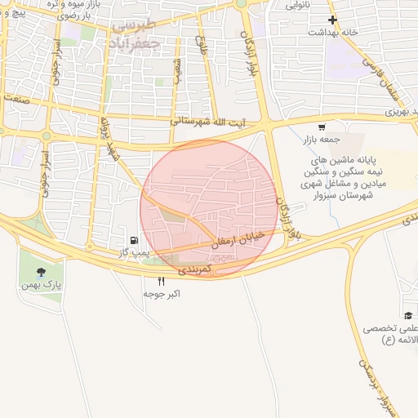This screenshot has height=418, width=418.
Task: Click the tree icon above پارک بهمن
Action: point(41,272)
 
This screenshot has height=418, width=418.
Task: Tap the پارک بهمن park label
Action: point(42,287)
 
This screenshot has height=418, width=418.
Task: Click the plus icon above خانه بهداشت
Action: point(331,20)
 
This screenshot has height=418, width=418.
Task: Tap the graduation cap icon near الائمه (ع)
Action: point(407,315)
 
